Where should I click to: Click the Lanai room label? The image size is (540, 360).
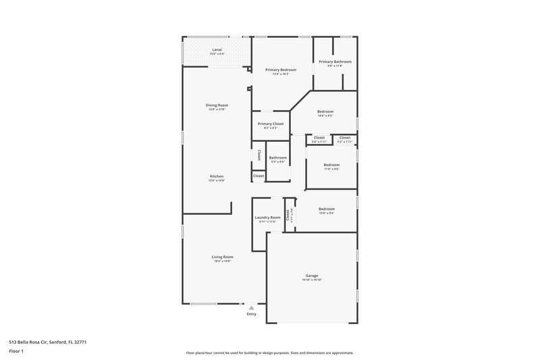[217, 49]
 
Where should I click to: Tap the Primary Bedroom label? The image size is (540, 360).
[281, 70]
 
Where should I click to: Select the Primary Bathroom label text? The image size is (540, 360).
[335, 61]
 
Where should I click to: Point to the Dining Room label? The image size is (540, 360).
[217, 105]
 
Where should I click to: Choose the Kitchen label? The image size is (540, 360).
[216, 176]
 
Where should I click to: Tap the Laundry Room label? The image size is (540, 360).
[267, 217]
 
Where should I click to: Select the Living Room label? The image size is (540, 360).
[222, 257]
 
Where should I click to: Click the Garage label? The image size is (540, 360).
[311, 276]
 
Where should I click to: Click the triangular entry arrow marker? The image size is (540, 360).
[251, 307]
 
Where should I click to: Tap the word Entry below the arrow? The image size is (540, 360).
[251, 314]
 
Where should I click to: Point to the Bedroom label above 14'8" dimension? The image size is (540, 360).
[325, 111]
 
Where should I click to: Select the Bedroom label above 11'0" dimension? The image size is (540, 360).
[331, 165]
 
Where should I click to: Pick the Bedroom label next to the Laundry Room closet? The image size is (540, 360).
[326, 209]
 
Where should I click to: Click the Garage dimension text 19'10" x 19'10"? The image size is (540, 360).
[311, 280]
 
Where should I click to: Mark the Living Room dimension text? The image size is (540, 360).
[222, 261]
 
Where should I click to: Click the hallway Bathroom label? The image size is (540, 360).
[278, 157]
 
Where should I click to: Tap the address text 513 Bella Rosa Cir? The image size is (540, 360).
[47, 342]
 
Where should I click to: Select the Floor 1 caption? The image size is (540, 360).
[16, 351]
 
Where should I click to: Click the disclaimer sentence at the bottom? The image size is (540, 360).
[270, 353]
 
